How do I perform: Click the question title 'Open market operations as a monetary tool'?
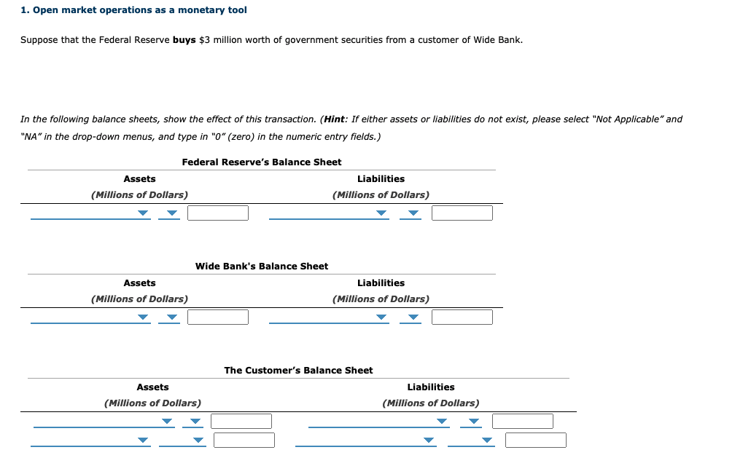pos(139,10)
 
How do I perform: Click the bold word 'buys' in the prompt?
pos(184,39)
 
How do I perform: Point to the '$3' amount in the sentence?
pos(204,39)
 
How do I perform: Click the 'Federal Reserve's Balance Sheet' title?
pos(261,162)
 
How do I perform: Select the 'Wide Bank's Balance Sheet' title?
pos(261,266)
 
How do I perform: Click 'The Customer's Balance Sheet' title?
pos(298,370)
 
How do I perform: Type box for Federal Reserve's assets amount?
pos(217,213)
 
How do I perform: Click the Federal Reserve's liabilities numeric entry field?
pos(462,213)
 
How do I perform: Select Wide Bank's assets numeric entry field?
pos(217,317)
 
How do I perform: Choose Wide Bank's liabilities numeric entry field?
pos(462,317)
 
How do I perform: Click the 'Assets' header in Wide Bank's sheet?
pos(139,283)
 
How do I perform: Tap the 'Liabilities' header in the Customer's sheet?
pos(430,387)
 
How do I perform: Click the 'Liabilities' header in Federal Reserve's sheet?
pos(381,178)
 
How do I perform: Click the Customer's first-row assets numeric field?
pos(241,421)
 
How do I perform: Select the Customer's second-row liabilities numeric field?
pos(535,440)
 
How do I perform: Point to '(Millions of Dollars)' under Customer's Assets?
pos(152,403)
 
